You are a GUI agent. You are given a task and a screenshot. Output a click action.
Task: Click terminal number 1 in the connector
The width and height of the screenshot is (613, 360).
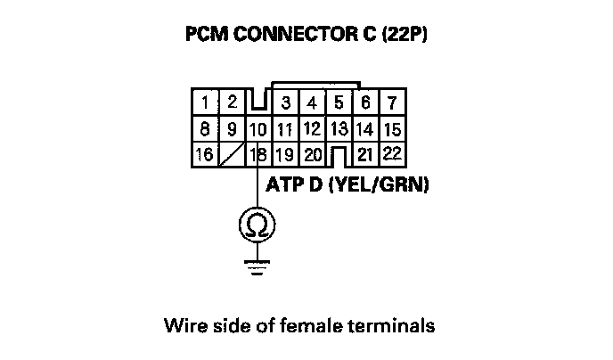click(206, 102)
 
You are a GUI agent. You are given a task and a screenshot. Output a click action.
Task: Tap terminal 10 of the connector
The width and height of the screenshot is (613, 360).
click(258, 129)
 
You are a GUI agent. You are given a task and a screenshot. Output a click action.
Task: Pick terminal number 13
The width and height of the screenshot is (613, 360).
click(339, 128)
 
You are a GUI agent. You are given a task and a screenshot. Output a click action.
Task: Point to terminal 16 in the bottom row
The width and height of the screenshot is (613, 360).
click(205, 154)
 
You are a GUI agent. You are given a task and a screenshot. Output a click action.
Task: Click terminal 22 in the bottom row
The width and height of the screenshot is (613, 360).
click(391, 153)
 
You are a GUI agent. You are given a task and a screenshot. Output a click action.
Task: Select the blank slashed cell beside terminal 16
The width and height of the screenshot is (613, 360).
click(232, 155)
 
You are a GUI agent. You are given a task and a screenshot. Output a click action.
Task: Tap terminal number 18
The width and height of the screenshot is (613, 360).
click(259, 155)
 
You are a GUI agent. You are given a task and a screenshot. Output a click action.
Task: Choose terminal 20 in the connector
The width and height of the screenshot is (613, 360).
click(312, 155)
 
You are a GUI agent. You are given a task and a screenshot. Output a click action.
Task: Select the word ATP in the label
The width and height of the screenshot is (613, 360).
click(284, 186)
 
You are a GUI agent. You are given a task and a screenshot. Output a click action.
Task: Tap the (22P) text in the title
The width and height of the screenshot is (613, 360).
click(406, 37)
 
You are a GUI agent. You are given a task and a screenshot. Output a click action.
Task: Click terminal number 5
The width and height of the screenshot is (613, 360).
click(339, 102)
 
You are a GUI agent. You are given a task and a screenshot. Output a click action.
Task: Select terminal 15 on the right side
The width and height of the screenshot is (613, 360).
click(391, 128)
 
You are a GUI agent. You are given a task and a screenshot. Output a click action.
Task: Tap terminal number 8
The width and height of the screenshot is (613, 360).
click(206, 129)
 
